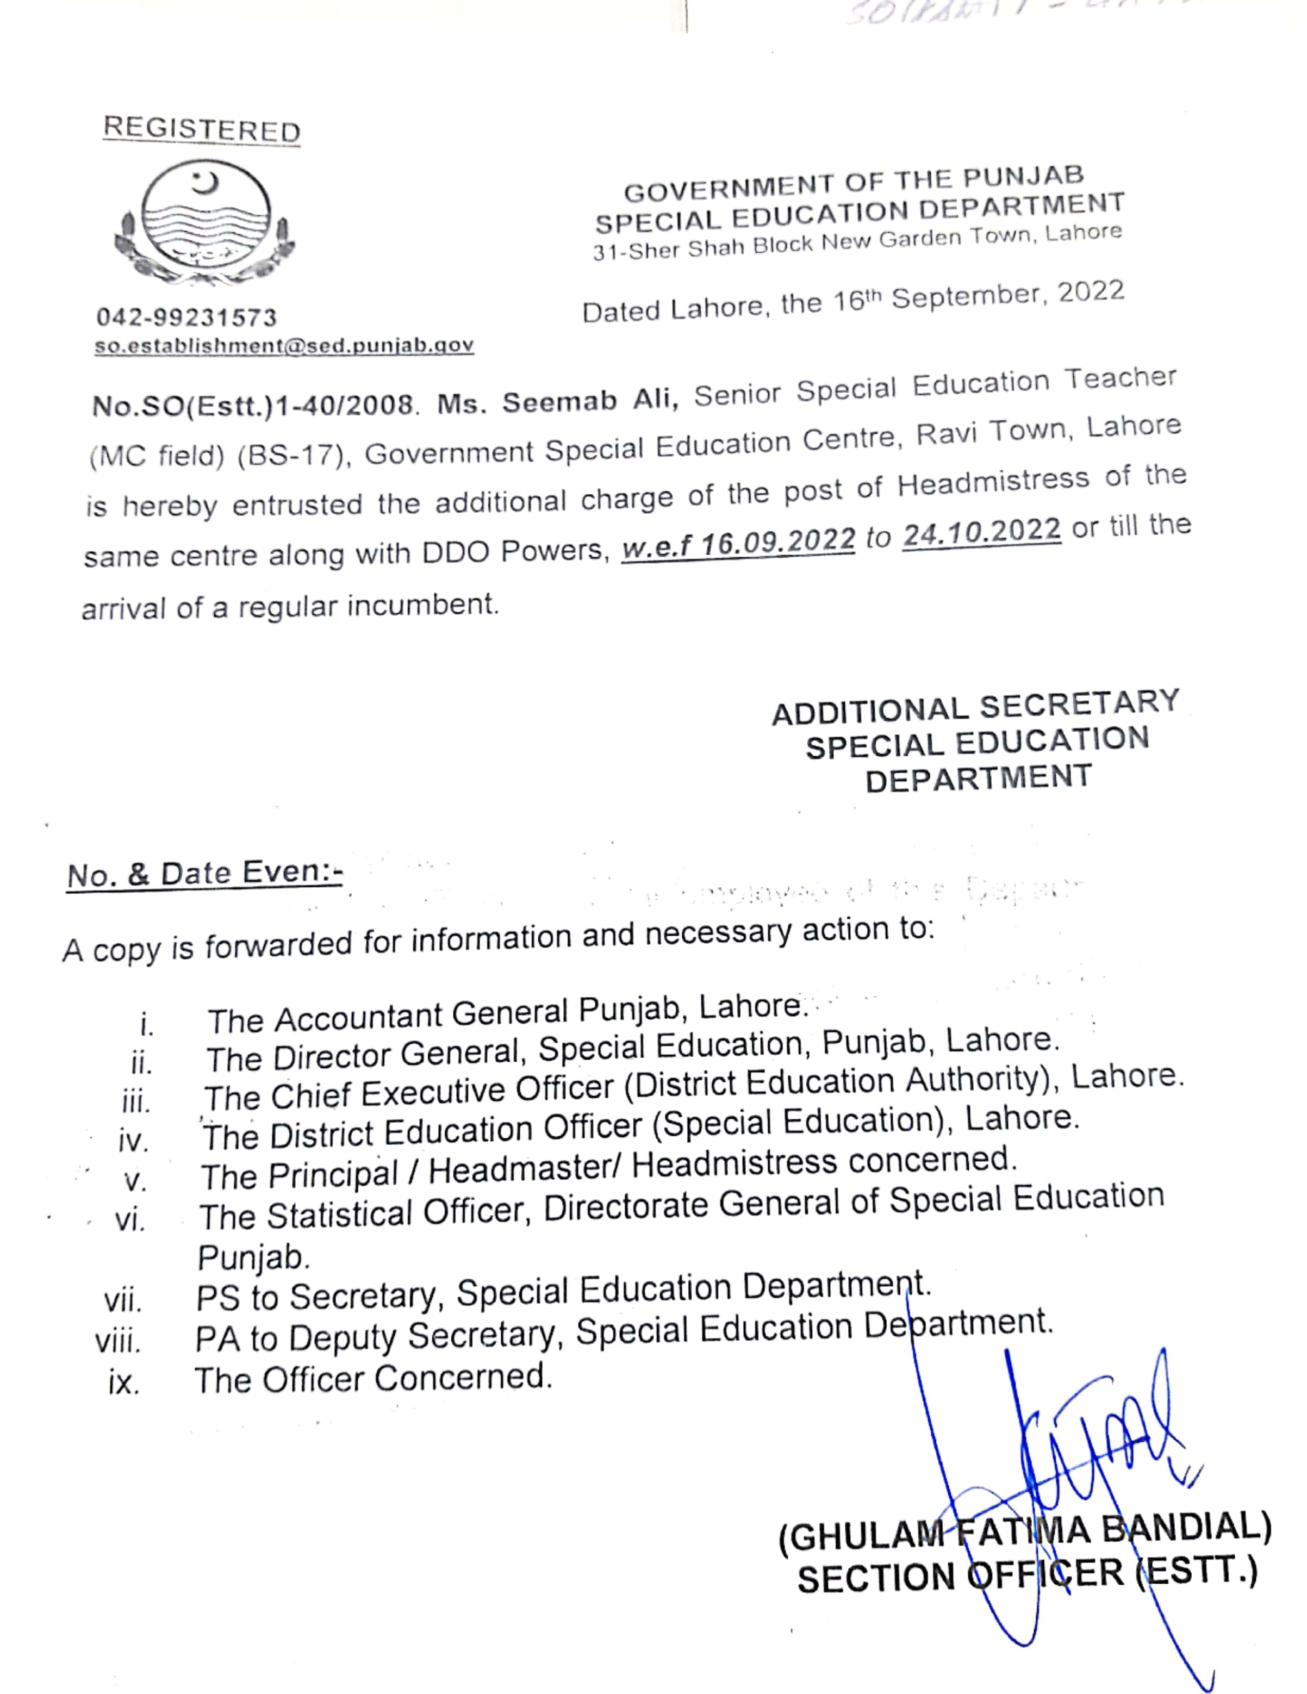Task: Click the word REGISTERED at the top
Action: [202, 129]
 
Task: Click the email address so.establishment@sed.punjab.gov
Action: [284, 346]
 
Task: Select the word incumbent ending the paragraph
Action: [421, 605]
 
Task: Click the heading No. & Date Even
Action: [205, 874]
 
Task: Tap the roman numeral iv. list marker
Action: [133, 1141]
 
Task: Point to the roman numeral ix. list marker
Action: [124, 1383]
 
